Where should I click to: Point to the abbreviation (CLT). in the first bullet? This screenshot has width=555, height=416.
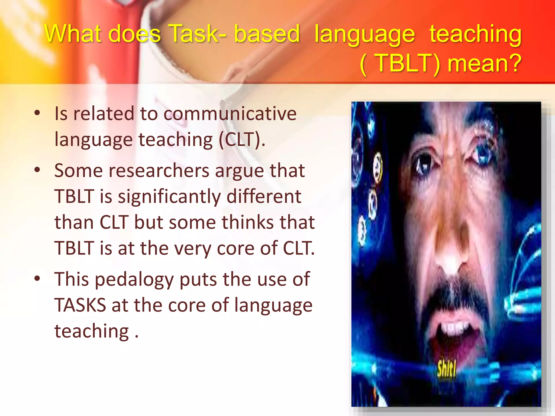pyautogui.click(x=242, y=140)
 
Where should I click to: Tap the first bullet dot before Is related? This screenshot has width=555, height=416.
pyautogui.click(x=37, y=113)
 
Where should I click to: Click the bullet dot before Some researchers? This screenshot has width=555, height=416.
pyautogui.click(x=37, y=170)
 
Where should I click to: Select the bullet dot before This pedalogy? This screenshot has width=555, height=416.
pyautogui.click(x=37, y=278)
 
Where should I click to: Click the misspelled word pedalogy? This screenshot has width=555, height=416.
pyautogui.click(x=134, y=279)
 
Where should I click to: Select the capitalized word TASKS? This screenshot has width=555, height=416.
pyautogui.click(x=80, y=305)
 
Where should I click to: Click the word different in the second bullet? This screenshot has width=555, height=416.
pyautogui.click(x=263, y=196)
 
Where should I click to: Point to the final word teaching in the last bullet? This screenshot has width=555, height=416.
pyautogui.click(x=92, y=331)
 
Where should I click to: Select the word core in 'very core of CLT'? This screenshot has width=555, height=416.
pyautogui.click(x=236, y=248)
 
